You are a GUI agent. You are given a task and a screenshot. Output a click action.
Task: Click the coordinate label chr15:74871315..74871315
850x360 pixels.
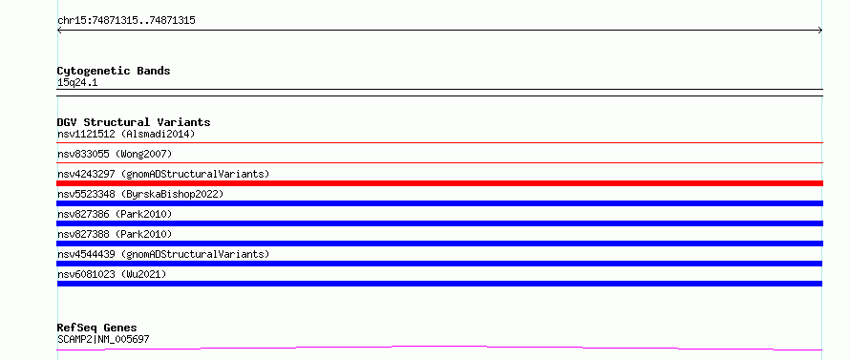(x=126, y=21)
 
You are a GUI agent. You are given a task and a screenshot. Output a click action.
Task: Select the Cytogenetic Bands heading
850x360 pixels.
(x=114, y=71)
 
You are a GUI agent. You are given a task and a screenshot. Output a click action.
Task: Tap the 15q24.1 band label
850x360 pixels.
(x=77, y=83)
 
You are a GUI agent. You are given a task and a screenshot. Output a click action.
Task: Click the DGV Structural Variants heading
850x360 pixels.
(x=134, y=122)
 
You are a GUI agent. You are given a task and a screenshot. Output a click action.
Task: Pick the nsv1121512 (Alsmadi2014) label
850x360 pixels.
(x=126, y=134)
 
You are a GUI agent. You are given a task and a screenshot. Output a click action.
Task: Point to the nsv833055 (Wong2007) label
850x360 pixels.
(x=115, y=154)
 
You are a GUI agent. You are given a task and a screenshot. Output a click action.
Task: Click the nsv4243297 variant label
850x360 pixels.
(x=163, y=174)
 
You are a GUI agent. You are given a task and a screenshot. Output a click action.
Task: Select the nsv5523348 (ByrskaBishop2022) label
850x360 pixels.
(x=140, y=194)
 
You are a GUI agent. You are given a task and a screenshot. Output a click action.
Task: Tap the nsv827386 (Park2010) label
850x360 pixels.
(x=115, y=214)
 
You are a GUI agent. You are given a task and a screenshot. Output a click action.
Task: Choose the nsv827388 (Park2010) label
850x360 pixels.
(x=115, y=234)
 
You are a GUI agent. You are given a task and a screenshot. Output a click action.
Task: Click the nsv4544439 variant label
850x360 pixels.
(x=163, y=254)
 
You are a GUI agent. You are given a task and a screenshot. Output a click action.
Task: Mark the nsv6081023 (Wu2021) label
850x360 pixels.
(x=112, y=274)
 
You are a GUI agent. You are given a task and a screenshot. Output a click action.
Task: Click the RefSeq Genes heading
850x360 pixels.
(x=97, y=328)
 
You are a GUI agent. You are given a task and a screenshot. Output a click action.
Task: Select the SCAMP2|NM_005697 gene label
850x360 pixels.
(x=103, y=340)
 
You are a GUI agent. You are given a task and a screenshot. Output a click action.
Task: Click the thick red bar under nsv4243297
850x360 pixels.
(x=439, y=183)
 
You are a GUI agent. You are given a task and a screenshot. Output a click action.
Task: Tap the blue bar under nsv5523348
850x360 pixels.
(x=439, y=203)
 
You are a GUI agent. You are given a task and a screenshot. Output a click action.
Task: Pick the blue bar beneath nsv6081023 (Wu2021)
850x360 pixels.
(x=439, y=284)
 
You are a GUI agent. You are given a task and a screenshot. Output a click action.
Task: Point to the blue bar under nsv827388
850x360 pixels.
(x=439, y=244)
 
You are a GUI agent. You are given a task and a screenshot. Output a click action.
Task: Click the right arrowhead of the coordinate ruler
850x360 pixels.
(x=821, y=31)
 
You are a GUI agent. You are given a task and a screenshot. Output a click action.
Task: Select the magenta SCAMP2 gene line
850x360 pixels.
(x=439, y=347)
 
